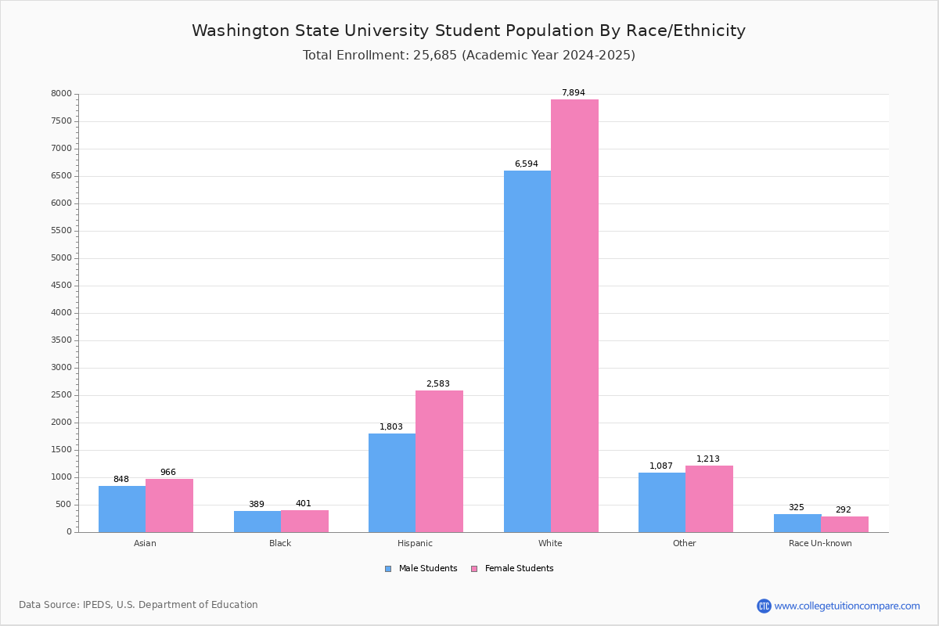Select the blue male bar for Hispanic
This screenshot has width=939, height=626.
pyautogui.click(x=392, y=483)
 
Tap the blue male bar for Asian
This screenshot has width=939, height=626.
pyautogui.click(x=122, y=509)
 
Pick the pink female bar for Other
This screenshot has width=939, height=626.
pyautogui.click(x=709, y=498)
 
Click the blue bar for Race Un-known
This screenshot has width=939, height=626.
pyautogui.click(x=797, y=523)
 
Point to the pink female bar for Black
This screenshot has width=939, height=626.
pyautogui.click(x=304, y=521)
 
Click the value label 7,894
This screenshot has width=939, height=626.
pyautogui.click(x=573, y=92)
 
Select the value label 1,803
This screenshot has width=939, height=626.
pyautogui.click(x=391, y=426)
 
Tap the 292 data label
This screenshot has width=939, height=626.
pyautogui.click(x=843, y=509)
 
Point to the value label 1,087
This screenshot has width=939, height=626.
pyautogui.click(x=661, y=466)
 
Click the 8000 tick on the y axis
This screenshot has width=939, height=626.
pyautogui.click(x=61, y=94)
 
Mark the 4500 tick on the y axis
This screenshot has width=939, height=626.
pyautogui.click(x=61, y=286)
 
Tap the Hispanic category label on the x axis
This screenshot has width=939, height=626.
pyautogui.click(x=415, y=543)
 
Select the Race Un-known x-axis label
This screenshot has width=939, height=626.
pyautogui.click(x=820, y=543)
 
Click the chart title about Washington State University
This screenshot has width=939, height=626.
pyautogui.click(x=469, y=31)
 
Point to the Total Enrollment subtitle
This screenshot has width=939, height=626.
pyautogui.click(x=469, y=56)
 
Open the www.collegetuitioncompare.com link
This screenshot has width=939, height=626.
pyautogui.click(x=847, y=606)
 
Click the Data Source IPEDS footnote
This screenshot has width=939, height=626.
pyautogui.click(x=139, y=605)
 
